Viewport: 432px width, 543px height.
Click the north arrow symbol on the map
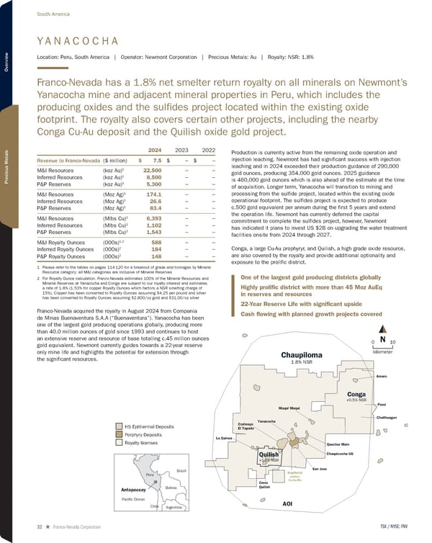(382, 339)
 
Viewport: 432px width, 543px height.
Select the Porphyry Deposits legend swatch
(119, 434)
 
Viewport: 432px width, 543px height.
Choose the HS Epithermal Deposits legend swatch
(119, 425)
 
